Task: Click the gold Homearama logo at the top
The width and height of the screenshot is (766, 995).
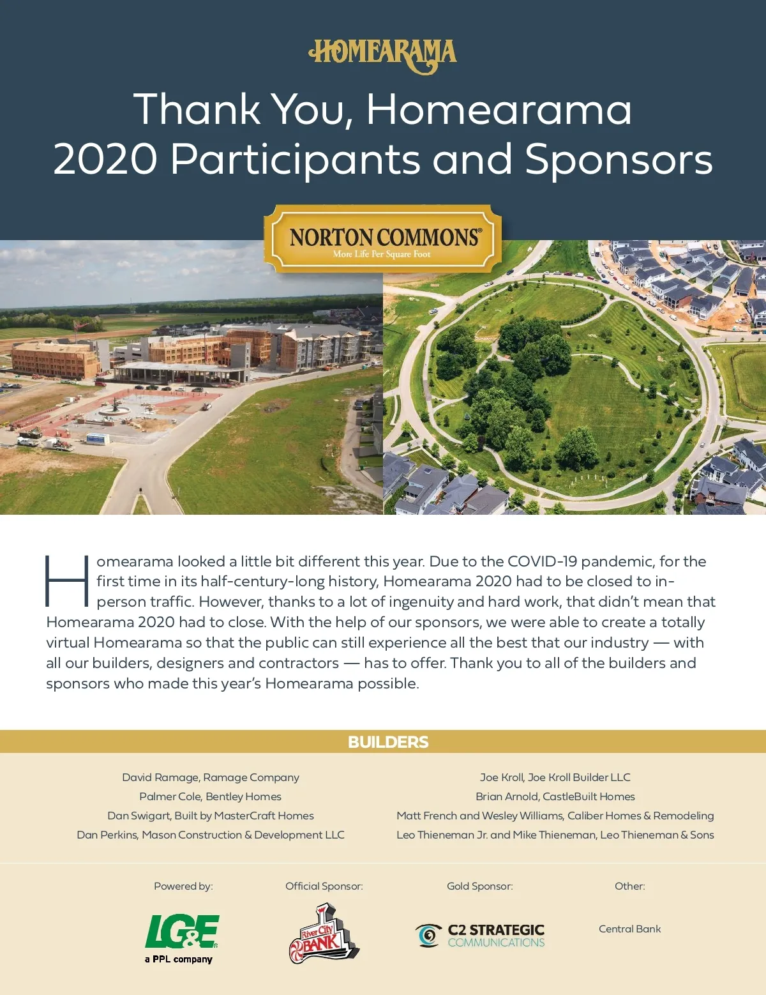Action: point(383,56)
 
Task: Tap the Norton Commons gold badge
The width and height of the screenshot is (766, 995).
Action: point(383,240)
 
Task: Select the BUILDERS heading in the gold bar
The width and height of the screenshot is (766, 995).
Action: point(388,742)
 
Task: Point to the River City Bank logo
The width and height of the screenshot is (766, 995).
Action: point(323,933)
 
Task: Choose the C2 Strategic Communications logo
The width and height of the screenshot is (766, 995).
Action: point(480,936)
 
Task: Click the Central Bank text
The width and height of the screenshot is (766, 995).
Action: point(629,929)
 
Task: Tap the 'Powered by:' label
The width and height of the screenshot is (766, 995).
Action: point(183,886)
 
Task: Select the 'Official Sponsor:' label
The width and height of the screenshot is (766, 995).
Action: point(324,886)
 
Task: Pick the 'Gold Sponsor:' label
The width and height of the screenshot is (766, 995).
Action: point(479,886)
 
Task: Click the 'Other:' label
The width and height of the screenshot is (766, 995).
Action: point(629,886)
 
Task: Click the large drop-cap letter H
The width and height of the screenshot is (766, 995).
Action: point(66,581)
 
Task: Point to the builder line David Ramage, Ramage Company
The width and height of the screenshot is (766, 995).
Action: point(211,777)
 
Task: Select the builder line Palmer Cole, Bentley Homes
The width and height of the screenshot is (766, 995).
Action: point(211,796)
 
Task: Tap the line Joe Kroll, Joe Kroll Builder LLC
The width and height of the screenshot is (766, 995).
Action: point(555,777)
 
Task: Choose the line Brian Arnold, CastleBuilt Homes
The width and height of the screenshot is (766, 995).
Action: point(555,796)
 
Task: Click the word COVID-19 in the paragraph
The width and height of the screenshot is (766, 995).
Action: point(542,561)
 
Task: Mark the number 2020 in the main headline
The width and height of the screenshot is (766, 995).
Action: point(105,159)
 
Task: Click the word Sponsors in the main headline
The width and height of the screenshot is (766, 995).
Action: point(618,159)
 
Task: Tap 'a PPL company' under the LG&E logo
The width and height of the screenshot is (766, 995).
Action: point(179,959)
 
